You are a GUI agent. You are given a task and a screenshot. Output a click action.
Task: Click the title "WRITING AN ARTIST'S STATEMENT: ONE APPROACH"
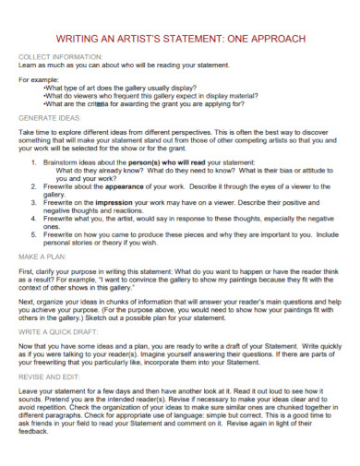(179, 38)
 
